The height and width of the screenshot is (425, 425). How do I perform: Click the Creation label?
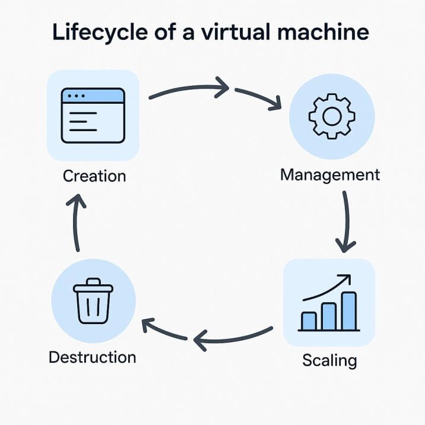click(x=94, y=176)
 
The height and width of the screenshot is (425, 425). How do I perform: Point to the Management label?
click(x=329, y=175)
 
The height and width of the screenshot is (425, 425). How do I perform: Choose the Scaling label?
click(x=329, y=360)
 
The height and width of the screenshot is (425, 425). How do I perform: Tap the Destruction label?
click(x=92, y=357)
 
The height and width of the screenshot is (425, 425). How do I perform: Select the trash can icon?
click(x=93, y=300)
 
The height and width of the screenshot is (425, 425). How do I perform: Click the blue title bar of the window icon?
click(x=93, y=96)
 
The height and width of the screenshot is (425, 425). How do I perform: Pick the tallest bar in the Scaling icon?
click(x=350, y=310)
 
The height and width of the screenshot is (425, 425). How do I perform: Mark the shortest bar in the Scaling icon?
click(x=309, y=321)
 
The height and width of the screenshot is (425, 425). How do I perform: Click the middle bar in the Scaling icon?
click(x=329, y=316)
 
